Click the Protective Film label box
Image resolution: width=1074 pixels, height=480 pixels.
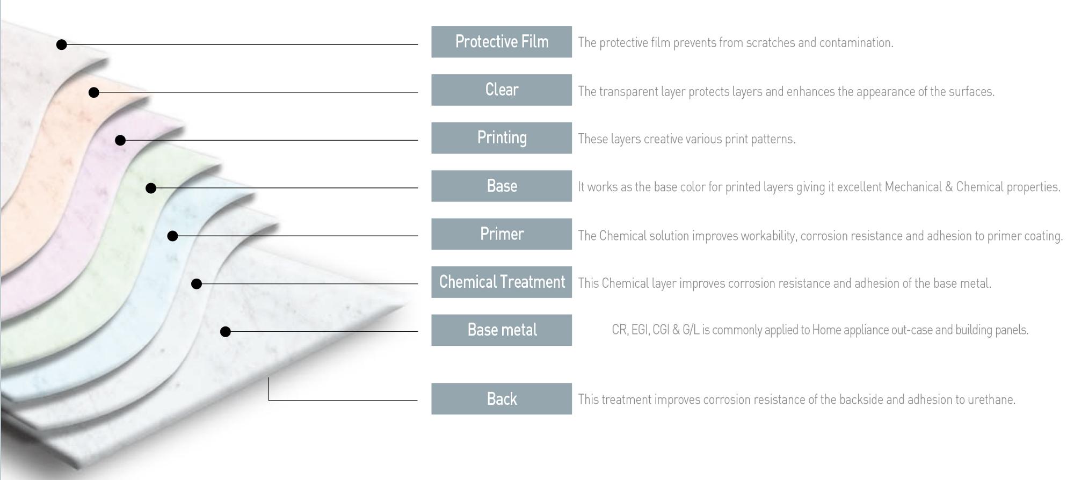(x=502, y=42)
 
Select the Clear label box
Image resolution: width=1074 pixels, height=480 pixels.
(x=502, y=90)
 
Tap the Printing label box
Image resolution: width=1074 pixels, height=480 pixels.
(x=502, y=138)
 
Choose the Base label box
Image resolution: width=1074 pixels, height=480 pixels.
(x=502, y=186)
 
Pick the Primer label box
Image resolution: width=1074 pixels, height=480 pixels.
(x=502, y=234)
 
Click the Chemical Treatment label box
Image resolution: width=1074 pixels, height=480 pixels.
(x=502, y=282)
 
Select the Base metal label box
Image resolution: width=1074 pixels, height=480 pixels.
(x=502, y=330)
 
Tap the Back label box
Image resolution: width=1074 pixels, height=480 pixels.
(x=502, y=398)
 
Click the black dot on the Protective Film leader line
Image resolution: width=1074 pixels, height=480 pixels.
(x=62, y=45)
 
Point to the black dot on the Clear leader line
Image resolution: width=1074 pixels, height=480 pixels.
(x=94, y=92)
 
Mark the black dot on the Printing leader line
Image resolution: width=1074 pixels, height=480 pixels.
(x=120, y=140)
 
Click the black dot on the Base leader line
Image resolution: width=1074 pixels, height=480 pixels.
(x=151, y=188)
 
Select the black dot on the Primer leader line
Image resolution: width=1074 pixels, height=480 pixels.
(x=172, y=236)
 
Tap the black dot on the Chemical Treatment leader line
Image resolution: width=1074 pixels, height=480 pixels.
(x=197, y=283)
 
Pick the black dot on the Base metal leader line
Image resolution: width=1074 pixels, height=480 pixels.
(x=226, y=332)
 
